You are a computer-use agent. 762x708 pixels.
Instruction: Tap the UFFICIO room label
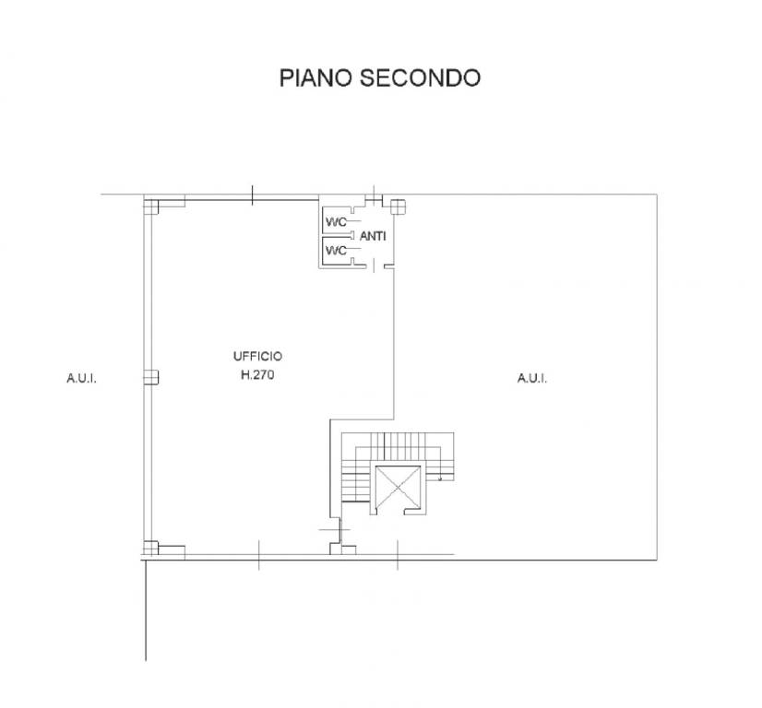[x=257, y=357]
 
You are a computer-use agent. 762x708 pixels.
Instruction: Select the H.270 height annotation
[x=257, y=375]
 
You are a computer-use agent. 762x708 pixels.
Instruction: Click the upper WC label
[x=334, y=221]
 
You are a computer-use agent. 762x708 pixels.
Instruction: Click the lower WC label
[x=334, y=250]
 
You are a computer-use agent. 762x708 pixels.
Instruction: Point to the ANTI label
[x=373, y=237]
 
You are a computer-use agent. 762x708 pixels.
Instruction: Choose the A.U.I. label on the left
[x=81, y=377]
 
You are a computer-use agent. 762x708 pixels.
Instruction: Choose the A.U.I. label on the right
[x=531, y=377]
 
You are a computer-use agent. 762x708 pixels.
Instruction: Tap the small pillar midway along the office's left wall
[x=151, y=376]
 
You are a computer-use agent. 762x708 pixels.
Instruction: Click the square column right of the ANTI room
[x=398, y=206]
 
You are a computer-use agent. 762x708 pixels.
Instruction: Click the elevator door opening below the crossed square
[x=397, y=513]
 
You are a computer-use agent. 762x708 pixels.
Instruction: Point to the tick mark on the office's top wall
[x=253, y=195]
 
